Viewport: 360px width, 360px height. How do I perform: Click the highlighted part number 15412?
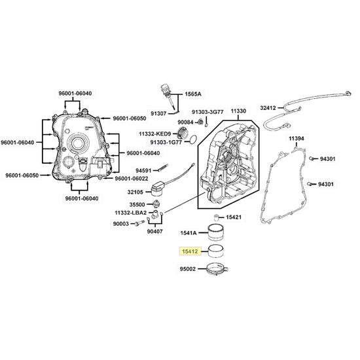point(190,251)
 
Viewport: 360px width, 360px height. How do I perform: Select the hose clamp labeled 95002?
point(217,269)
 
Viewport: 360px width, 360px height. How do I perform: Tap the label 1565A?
point(193,94)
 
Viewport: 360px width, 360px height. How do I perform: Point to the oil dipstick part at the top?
point(168,97)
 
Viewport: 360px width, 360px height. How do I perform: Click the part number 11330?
point(238,111)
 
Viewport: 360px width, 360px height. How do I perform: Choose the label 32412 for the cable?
point(268,108)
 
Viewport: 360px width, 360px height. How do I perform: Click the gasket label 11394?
point(296,139)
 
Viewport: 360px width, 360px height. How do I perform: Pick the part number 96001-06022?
point(132,179)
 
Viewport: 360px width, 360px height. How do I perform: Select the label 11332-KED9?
point(154,134)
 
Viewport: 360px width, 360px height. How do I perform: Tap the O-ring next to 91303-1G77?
point(194,139)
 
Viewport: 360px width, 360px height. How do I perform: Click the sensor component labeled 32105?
point(158,189)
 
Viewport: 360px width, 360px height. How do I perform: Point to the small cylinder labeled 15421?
point(216,217)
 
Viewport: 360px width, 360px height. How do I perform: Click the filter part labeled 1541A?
point(216,232)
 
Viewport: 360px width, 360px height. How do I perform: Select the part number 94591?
point(143,171)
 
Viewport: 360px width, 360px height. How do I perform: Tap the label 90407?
point(154,232)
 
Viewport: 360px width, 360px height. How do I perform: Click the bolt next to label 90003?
point(140,223)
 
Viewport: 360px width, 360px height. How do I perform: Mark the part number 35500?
point(137,205)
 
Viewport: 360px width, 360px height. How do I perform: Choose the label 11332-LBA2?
point(130,213)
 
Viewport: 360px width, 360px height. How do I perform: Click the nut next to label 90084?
point(200,122)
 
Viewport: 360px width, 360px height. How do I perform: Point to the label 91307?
point(158,113)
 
